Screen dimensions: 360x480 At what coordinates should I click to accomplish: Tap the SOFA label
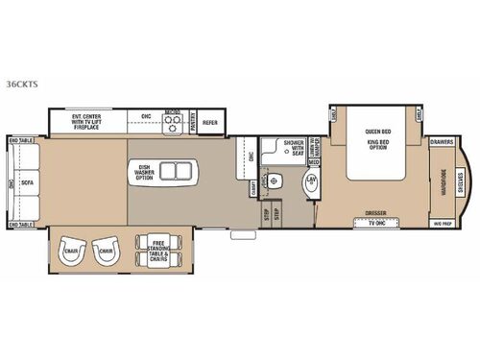coord(31,182)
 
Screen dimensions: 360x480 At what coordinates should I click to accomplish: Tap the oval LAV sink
coord(312,181)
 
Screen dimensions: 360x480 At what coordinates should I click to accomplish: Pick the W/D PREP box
coord(443,223)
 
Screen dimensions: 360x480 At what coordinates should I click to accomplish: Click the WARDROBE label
coord(443,182)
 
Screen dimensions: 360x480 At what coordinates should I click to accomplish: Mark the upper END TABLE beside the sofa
coord(20,141)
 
